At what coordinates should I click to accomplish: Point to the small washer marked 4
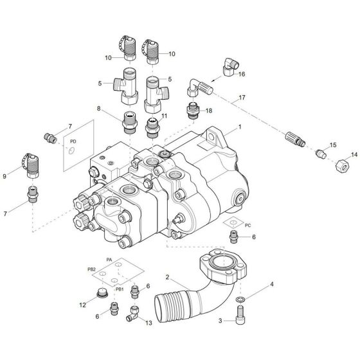click(x=240, y=300)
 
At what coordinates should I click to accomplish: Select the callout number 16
click(x=242, y=75)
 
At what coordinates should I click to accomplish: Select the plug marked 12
click(x=100, y=295)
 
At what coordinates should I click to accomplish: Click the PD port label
click(x=72, y=139)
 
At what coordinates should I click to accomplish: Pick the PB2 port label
click(x=91, y=268)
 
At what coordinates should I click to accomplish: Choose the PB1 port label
click(x=119, y=289)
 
